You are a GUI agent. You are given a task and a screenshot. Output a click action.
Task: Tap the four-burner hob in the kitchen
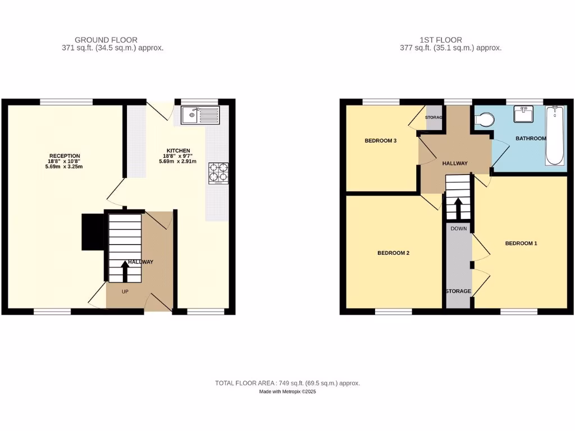point(218,173)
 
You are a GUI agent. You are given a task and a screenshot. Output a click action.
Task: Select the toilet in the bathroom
point(483,120)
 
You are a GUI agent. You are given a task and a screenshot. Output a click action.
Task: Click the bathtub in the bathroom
point(554,135)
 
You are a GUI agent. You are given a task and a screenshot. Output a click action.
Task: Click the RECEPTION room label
point(65,156)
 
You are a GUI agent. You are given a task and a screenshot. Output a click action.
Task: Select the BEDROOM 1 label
point(521,243)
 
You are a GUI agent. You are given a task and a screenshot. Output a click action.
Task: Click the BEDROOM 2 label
point(393,253)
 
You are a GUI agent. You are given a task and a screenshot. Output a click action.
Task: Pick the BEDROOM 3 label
point(381,141)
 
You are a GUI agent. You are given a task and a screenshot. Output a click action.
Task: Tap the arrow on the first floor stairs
point(458,208)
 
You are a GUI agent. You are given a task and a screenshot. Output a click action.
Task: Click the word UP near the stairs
point(125,292)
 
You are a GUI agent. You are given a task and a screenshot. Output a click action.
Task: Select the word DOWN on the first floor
point(458,228)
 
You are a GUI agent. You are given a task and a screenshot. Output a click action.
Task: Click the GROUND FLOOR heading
point(106,40)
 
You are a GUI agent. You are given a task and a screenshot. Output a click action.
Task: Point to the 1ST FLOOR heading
point(441,40)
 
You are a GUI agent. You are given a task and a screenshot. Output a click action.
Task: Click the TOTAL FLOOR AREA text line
point(287,383)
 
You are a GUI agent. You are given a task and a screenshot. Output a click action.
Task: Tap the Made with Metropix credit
point(287,392)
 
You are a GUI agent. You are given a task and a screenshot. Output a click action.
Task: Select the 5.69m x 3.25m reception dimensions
point(65,167)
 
